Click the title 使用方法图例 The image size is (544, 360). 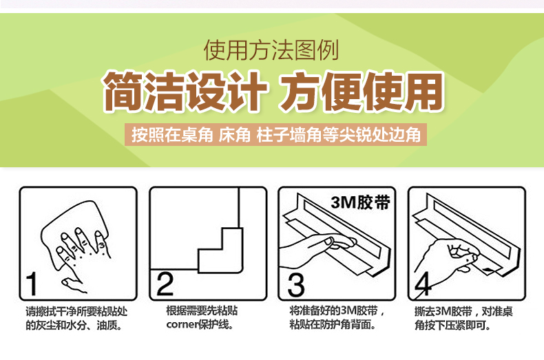point(271,50)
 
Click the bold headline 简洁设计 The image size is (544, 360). point(185,92)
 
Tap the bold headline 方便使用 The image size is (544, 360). point(362,92)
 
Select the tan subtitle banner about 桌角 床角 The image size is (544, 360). point(276,134)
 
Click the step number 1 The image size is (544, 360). point(32,284)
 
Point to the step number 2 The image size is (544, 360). point(165,284)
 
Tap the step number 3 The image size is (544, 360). point(296,284)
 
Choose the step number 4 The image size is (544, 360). point(423,284)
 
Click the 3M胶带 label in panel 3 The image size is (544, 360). point(360,202)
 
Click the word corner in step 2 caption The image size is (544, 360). point(182,325)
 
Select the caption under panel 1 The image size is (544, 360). point(76,319)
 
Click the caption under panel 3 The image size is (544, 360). point(337,318)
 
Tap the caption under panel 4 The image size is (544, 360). point(463,319)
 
